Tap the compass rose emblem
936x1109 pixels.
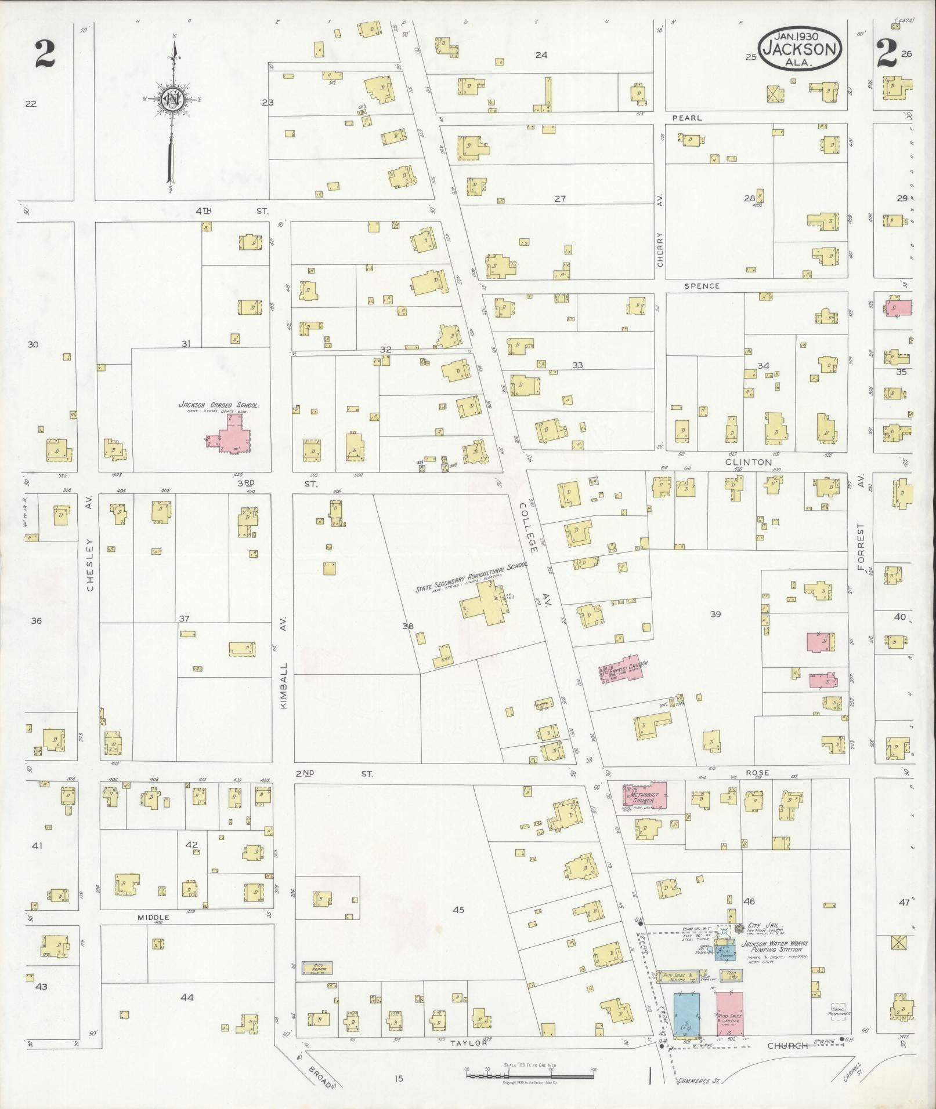pos(172,99)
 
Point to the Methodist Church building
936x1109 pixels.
pos(645,797)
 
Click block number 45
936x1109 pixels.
pos(458,910)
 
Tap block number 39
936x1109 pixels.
pos(715,614)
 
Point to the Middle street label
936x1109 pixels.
pos(153,918)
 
